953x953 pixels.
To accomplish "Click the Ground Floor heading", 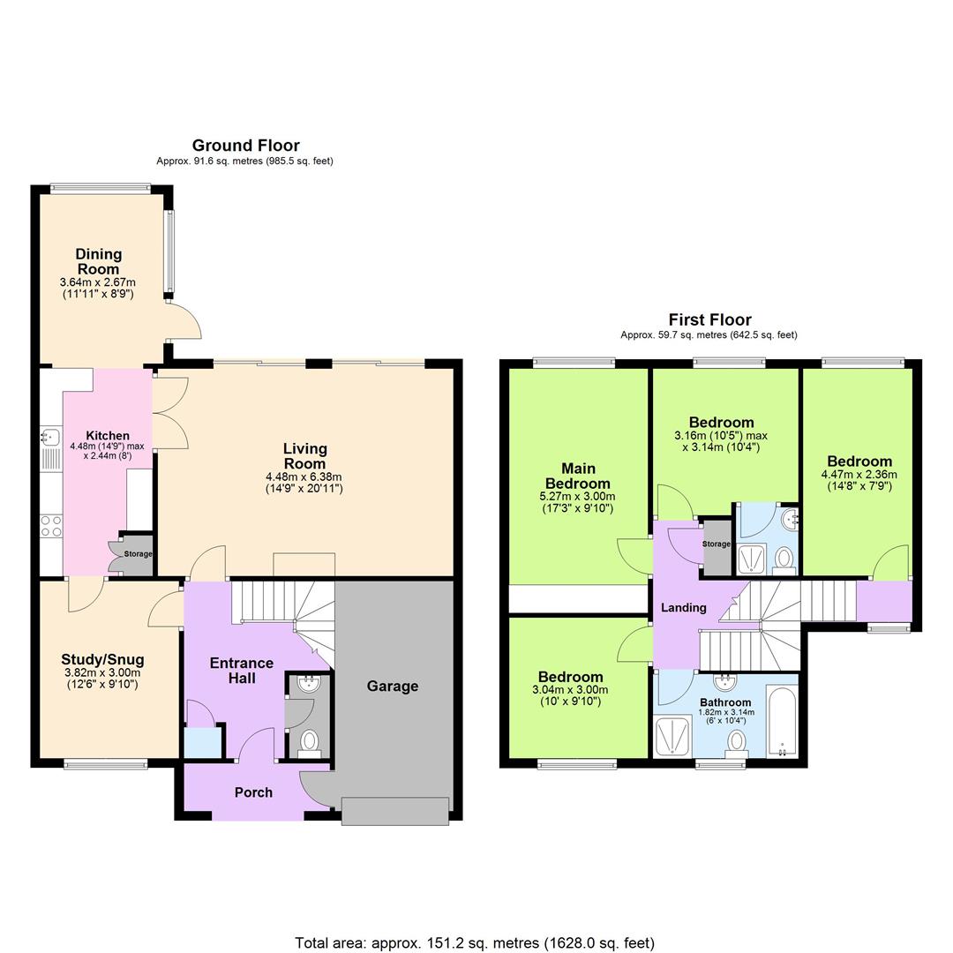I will (x=245, y=146).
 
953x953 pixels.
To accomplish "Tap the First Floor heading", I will (x=709, y=319).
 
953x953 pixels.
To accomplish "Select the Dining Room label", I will (x=98, y=262).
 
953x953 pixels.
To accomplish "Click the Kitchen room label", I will (x=108, y=436).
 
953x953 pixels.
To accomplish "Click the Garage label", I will (x=393, y=687).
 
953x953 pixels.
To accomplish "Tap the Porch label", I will (x=253, y=792).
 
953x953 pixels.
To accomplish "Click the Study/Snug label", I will (x=102, y=660).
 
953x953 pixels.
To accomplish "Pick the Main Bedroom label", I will (x=578, y=476).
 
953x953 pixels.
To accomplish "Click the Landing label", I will (x=684, y=607).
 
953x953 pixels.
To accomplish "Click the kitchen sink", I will (x=49, y=435).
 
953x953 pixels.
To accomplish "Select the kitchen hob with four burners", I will (x=51, y=527).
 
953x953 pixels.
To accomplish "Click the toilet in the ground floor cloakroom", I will (x=309, y=741).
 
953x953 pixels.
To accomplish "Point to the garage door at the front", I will (x=395, y=811).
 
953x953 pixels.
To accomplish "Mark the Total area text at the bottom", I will (x=475, y=943).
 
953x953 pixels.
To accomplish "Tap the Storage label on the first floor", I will (x=717, y=544).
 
